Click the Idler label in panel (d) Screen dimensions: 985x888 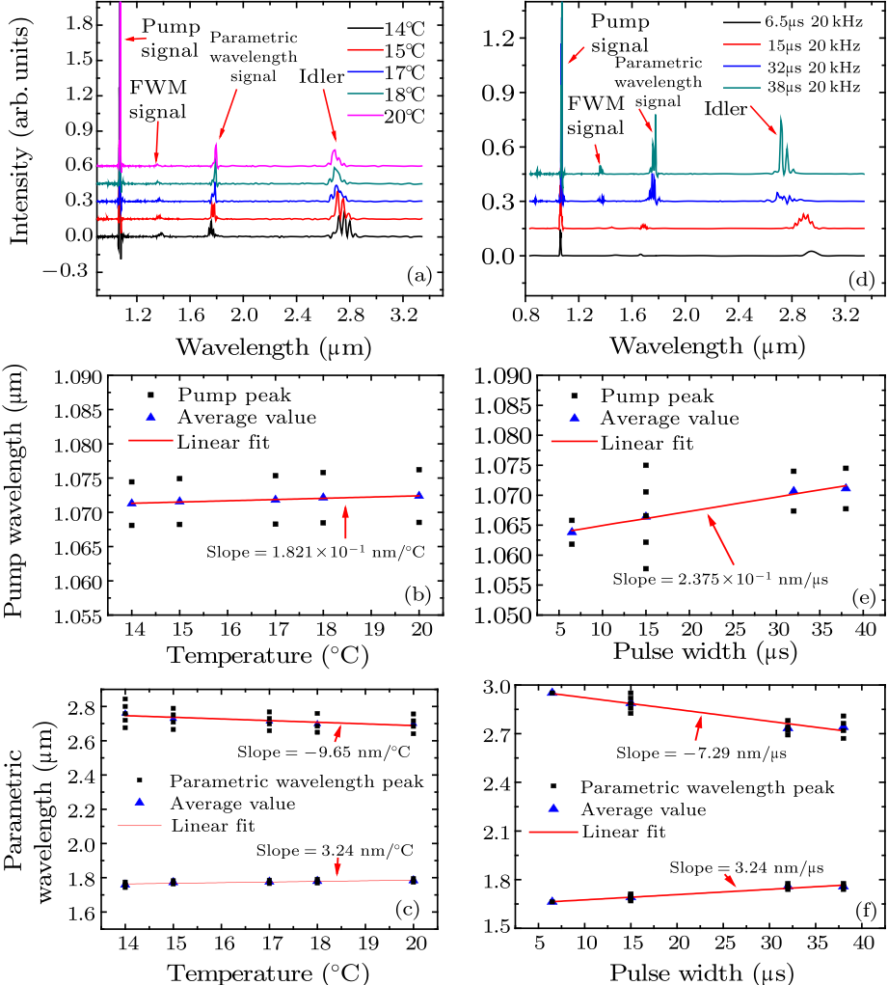726,110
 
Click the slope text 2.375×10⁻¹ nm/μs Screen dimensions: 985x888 720,580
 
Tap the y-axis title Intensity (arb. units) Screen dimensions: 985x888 19,144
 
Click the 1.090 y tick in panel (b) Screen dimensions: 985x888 92,376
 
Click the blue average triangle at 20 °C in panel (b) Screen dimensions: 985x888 418,495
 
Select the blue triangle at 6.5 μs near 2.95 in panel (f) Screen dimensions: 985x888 552,693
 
